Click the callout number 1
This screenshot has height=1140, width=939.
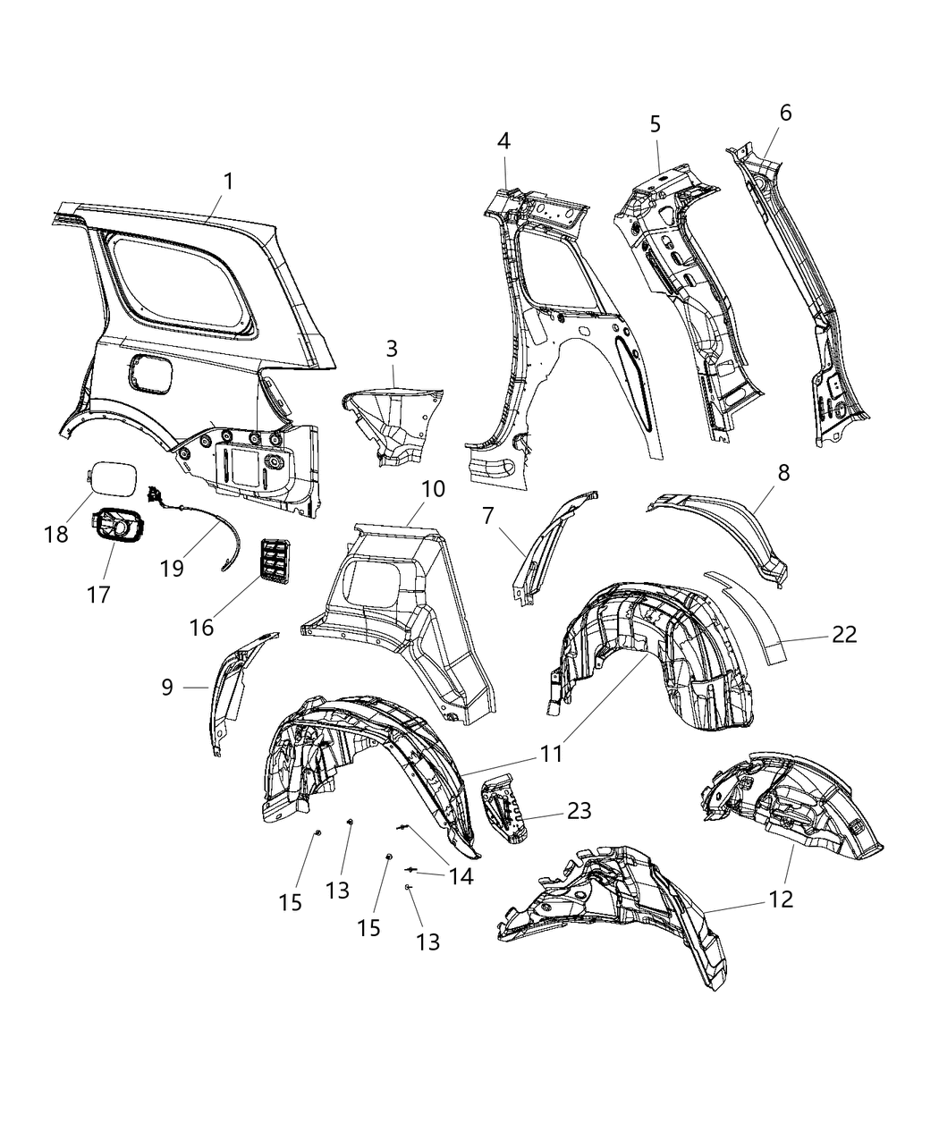click(x=228, y=182)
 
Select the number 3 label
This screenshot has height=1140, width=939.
click(x=392, y=349)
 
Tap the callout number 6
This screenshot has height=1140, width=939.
click(x=785, y=113)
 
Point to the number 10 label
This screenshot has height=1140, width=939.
click(x=433, y=489)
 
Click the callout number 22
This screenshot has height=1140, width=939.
click(x=843, y=634)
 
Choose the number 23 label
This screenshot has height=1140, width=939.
click(x=579, y=810)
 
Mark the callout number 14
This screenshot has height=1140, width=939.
click(x=461, y=876)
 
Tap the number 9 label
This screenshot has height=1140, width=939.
click(x=167, y=687)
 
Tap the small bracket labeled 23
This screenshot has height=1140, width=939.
click(x=503, y=809)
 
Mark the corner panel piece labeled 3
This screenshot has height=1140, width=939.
click(x=393, y=420)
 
